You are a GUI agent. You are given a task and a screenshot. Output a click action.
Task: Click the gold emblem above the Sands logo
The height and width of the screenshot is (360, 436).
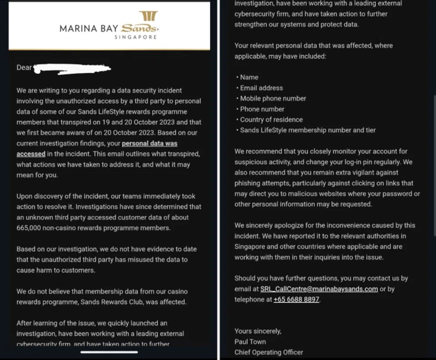pyautogui.click(x=148, y=16)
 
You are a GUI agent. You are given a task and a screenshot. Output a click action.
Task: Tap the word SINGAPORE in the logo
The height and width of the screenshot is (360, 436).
pyautogui.click(x=135, y=37)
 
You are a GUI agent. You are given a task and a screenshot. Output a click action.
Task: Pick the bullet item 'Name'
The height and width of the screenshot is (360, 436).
pyautogui.click(x=249, y=77)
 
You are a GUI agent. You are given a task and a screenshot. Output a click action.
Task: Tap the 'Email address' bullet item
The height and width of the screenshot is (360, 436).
pyautogui.click(x=261, y=88)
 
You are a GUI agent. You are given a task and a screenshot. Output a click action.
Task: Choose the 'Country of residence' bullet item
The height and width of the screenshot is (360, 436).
pyautogui.click(x=271, y=119)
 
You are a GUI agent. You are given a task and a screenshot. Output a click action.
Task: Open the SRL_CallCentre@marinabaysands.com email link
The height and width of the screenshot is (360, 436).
pyautogui.click(x=319, y=289)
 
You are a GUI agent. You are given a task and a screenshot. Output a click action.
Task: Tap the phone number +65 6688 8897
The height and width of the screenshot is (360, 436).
pyautogui.click(x=296, y=300)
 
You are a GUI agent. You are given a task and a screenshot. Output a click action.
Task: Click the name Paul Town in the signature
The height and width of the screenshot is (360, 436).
pyautogui.click(x=250, y=341)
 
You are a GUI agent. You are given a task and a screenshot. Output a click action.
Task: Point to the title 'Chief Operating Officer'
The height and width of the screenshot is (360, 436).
pyautogui.click(x=268, y=352)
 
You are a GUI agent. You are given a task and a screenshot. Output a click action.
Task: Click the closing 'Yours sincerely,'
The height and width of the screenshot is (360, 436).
pyautogui.click(x=258, y=331)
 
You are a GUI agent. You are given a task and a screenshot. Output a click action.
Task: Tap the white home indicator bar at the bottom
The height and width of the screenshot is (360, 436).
pyautogui.click(x=109, y=352)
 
